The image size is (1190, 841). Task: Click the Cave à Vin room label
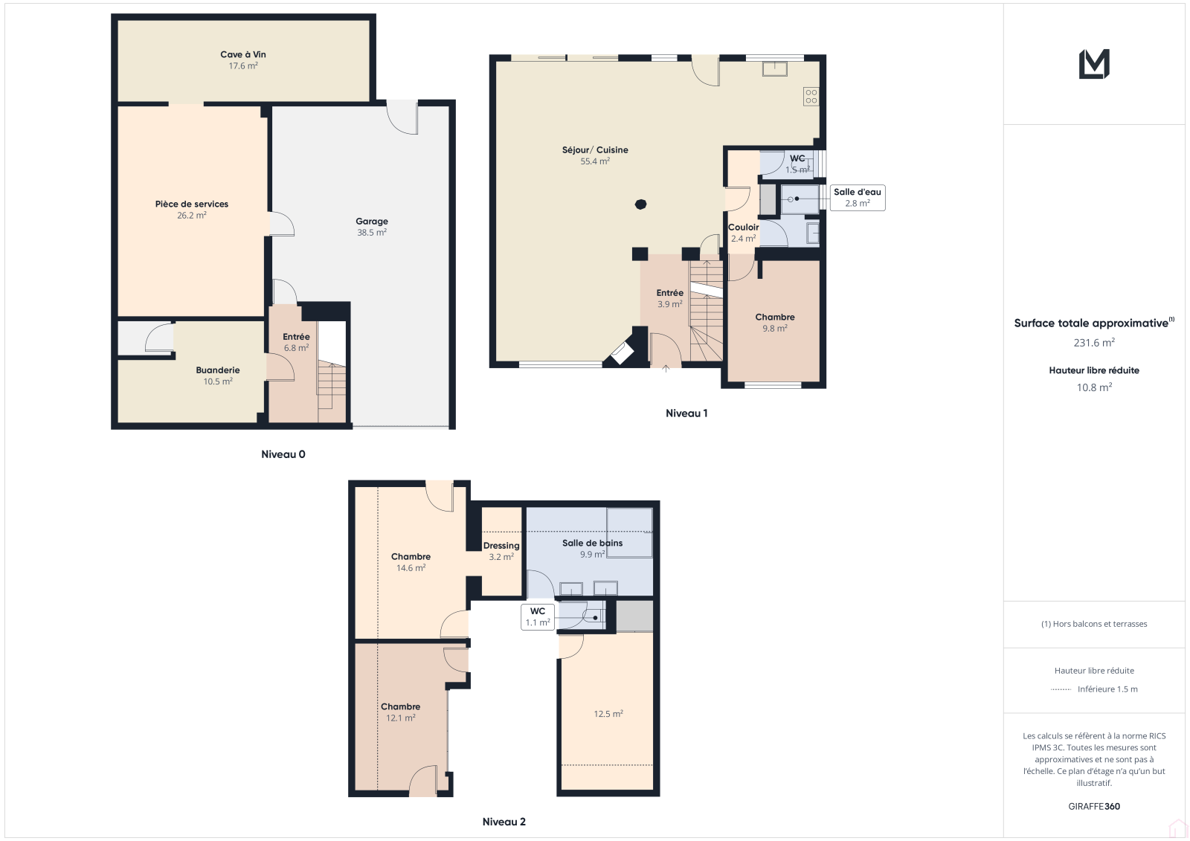[242, 54]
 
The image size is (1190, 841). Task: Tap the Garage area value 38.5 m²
[371, 232]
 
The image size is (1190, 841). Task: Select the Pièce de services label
[192, 204]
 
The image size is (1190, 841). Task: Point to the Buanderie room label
[218, 370]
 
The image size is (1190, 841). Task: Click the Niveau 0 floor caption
[283, 454]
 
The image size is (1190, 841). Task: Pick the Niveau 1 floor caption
[686, 413]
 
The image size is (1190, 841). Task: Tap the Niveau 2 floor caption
[504, 822]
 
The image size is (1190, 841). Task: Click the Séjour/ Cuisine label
[595, 149]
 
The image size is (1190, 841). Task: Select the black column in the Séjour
[640, 204]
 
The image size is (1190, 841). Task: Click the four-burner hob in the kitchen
[811, 97]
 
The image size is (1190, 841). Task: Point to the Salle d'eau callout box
[858, 198]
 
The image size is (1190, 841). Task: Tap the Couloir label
[743, 227]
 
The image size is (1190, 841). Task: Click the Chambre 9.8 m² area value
[775, 329]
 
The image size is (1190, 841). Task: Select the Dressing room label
[501, 546]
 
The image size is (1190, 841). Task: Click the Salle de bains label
[592, 543]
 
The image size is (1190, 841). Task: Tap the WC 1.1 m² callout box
[538, 616]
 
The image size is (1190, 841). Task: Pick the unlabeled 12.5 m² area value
[608, 714]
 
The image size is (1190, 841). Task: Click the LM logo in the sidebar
[1094, 64]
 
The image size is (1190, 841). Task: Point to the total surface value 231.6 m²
[1094, 343]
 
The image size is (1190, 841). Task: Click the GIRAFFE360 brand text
[1094, 807]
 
